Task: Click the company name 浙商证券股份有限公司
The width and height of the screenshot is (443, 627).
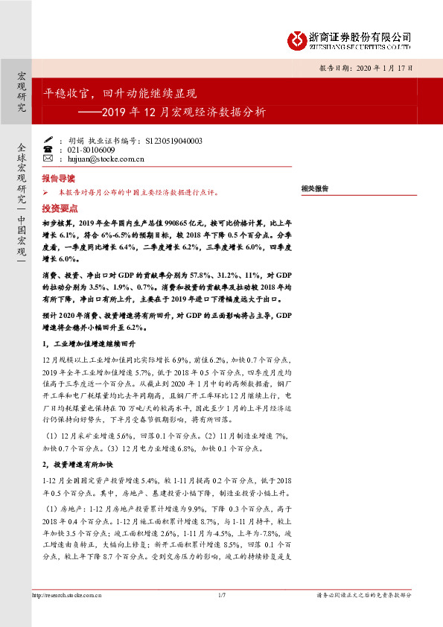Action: [x=360, y=36]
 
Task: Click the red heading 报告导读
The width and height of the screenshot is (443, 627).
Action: [x=58, y=179]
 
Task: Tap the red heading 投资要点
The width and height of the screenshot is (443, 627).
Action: [x=58, y=209]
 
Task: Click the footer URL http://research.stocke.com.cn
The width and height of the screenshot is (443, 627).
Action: [x=67, y=595]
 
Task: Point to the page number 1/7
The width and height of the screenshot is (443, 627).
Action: [x=221, y=595]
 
